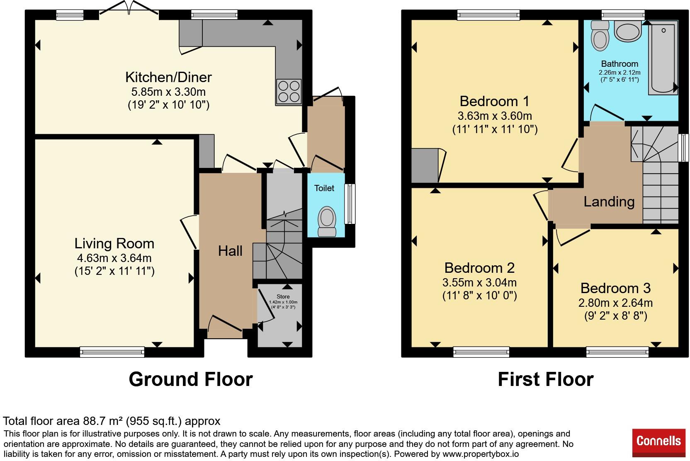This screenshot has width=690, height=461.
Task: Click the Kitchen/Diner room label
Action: (168, 77)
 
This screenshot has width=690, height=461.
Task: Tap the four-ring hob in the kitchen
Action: (289, 92)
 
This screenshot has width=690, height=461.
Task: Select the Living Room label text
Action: (114, 244)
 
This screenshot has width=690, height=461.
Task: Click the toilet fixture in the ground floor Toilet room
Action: (327, 221)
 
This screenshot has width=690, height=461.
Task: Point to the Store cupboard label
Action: (283, 296)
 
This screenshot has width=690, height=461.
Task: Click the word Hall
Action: (230, 251)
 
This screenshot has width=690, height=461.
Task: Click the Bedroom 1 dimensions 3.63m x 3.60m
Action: (495, 116)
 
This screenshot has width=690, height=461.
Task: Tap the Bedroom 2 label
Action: (479, 268)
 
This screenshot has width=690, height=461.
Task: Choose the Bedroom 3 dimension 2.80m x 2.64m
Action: (615, 303)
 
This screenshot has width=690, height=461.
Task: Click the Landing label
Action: (609, 202)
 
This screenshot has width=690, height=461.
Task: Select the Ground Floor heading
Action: (191, 379)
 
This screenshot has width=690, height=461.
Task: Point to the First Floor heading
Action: (546, 379)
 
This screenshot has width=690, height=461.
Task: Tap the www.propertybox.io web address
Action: (481, 454)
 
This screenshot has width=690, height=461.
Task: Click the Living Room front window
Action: (112, 352)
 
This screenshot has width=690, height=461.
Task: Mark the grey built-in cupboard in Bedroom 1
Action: (425, 166)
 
